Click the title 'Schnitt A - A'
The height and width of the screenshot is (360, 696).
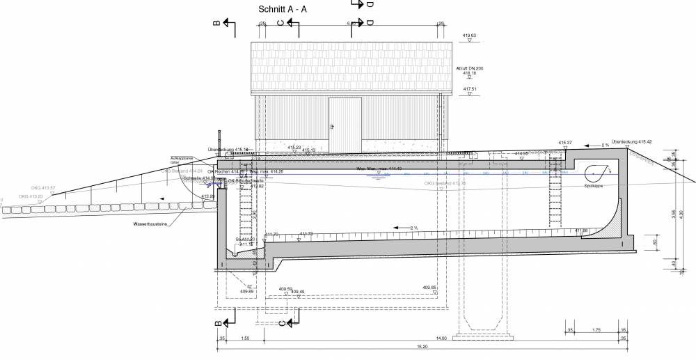tap(282, 10)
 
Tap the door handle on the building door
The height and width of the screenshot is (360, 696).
tap(332, 127)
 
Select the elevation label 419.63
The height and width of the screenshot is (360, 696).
tap(469, 35)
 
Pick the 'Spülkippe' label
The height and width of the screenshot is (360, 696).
tap(594, 186)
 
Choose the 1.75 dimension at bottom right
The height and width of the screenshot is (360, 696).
tap(596, 330)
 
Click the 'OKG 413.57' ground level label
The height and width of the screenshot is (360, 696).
tap(44, 188)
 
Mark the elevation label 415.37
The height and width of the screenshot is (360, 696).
tap(565, 143)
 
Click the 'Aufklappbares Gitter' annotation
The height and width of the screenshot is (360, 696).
tap(180, 160)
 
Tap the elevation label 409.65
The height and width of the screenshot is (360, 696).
tap(429, 287)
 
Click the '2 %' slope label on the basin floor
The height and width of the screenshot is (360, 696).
tap(414, 228)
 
